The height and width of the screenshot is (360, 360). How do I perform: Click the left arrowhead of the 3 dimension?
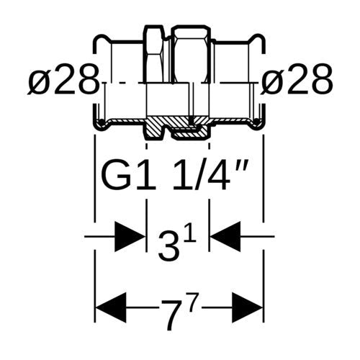130,237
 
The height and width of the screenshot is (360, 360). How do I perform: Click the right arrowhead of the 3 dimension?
225,237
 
